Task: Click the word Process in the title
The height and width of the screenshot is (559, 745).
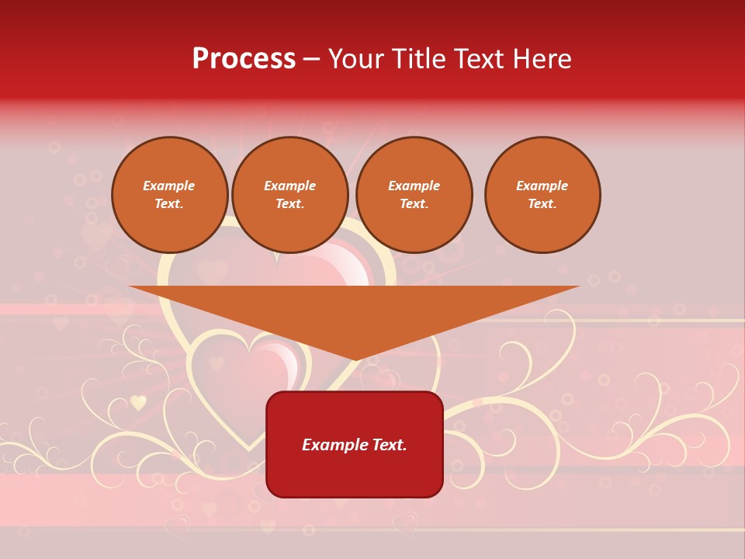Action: coord(244,59)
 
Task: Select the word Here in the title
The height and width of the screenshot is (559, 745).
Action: coord(541,59)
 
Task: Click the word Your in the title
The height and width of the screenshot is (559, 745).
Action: coord(356,59)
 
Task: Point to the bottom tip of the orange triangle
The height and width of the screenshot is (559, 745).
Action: coord(355,359)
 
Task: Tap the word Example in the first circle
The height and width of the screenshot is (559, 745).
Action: coord(169,186)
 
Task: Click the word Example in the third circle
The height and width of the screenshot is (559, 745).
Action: coord(414,186)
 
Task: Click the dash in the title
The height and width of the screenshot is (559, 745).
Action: coord(312,59)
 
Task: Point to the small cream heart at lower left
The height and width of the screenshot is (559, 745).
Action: coord(138,402)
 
